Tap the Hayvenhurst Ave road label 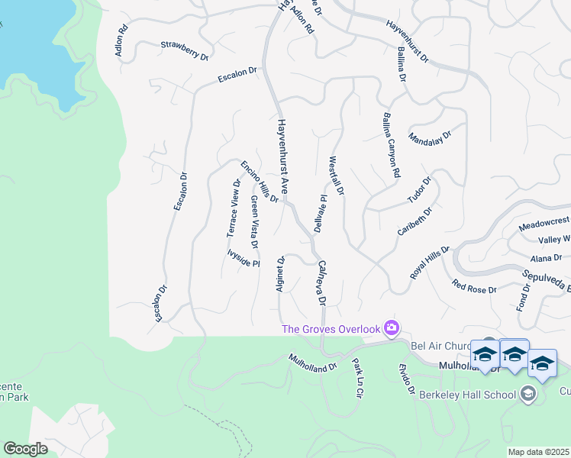point(282,155)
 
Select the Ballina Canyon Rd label point(390,147)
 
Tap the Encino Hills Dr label point(260,182)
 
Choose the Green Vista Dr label point(254,221)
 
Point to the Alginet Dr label point(280,273)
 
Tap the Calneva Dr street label point(321,282)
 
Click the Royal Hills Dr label point(431,263)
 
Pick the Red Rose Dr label point(474,288)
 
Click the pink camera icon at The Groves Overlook point(392,328)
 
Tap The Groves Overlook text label point(331,329)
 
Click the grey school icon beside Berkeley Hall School point(527,394)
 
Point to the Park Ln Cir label point(355,377)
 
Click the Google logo point(26,448)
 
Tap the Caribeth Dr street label point(415,221)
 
